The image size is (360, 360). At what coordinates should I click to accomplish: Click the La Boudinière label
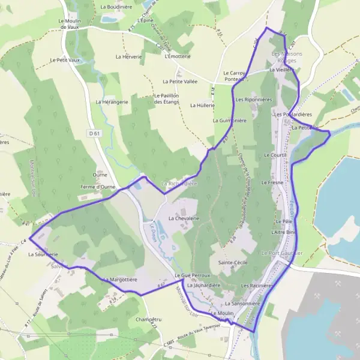116,7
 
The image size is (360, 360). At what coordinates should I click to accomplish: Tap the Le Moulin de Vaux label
70,23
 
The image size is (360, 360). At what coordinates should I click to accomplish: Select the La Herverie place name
128,57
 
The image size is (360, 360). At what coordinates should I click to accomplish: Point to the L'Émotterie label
177,56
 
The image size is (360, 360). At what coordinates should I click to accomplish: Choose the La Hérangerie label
112,102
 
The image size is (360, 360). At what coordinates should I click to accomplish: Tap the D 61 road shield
92,133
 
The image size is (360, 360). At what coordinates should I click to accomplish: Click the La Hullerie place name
202,105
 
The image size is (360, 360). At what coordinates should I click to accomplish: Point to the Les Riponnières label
254,99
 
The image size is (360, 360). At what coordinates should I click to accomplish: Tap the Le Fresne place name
272,181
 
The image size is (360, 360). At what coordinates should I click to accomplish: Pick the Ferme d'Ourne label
98,187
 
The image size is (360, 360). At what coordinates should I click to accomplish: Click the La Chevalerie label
183,219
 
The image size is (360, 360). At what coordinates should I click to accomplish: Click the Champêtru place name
148,319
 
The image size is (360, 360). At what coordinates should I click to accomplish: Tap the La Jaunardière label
204,286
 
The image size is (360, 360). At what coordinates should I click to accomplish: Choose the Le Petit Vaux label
65,60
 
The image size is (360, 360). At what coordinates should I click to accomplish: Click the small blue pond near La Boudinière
110,19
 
